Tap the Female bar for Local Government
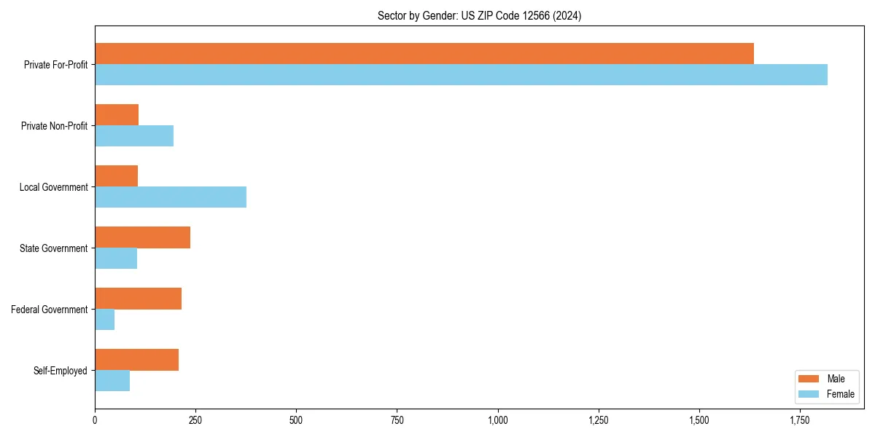click(171, 197)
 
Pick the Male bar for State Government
click(142, 237)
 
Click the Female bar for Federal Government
click(105, 320)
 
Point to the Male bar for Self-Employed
click(137, 360)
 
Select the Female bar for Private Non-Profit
click(134, 136)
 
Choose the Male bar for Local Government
click(117, 176)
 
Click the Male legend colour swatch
click(809, 379)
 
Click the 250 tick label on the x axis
click(195, 421)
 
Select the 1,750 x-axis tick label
click(800, 421)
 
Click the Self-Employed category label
click(61, 371)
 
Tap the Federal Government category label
click(50, 310)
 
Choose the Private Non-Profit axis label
click(55, 126)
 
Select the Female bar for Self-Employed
click(112, 381)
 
